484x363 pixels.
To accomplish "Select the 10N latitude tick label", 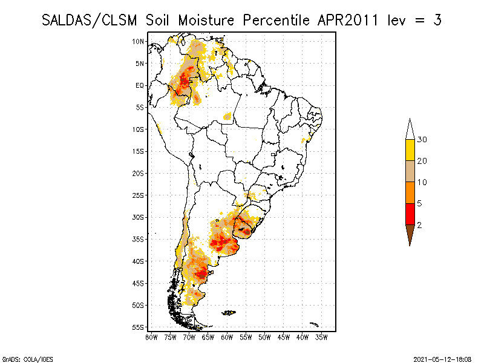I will [139, 41].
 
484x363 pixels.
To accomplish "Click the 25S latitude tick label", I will [139, 195].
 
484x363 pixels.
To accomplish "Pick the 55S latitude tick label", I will [139, 327].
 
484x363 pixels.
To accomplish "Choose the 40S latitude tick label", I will [139, 261].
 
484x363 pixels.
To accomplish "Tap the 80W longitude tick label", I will [151, 336].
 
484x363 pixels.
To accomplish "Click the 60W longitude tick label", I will [227, 336].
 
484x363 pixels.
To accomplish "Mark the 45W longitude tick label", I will [284, 336].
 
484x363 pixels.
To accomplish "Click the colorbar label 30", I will [422, 140].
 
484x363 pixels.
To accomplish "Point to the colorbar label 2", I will [419, 224].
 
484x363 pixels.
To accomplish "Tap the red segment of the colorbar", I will [410, 214].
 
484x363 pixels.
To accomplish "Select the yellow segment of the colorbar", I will [410, 150].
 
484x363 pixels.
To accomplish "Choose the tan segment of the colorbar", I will [410, 171].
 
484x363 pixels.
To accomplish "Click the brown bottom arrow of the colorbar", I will [410, 233].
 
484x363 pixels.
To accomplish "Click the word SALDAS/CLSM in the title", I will [91, 19].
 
